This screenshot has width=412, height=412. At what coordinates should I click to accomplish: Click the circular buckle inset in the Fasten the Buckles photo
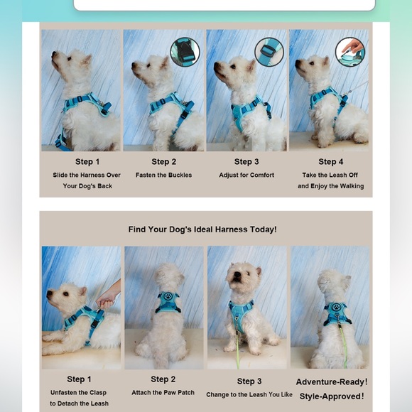(x=185, y=52)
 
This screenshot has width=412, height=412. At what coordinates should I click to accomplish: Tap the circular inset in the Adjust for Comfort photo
(x=269, y=52)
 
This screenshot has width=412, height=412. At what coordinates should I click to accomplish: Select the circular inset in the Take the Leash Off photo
(x=349, y=52)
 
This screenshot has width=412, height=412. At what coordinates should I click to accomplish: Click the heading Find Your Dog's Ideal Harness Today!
(x=202, y=229)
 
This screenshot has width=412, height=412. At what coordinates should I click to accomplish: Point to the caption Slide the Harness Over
(x=87, y=175)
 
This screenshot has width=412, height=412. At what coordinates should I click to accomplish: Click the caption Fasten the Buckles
(x=163, y=175)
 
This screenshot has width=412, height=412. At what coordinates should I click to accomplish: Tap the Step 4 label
(x=330, y=162)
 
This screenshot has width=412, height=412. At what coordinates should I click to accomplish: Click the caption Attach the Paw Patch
(x=163, y=393)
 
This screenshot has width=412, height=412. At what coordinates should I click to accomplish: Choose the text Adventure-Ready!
(x=332, y=382)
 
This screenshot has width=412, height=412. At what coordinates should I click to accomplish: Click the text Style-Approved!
(x=332, y=396)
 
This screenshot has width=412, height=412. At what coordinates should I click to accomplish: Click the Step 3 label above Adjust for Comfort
(x=246, y=162)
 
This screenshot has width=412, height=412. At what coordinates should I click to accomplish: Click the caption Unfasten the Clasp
(x=79, y=392)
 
